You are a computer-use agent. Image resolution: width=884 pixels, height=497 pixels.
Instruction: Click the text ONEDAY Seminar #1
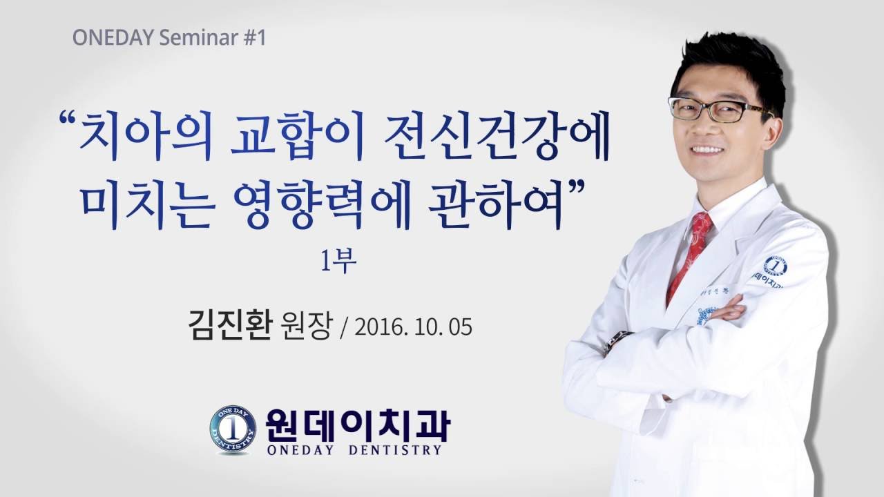169,37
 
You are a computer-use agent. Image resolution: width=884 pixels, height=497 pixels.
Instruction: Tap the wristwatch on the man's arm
616,340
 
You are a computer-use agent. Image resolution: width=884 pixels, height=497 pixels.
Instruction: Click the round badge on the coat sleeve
775,266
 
